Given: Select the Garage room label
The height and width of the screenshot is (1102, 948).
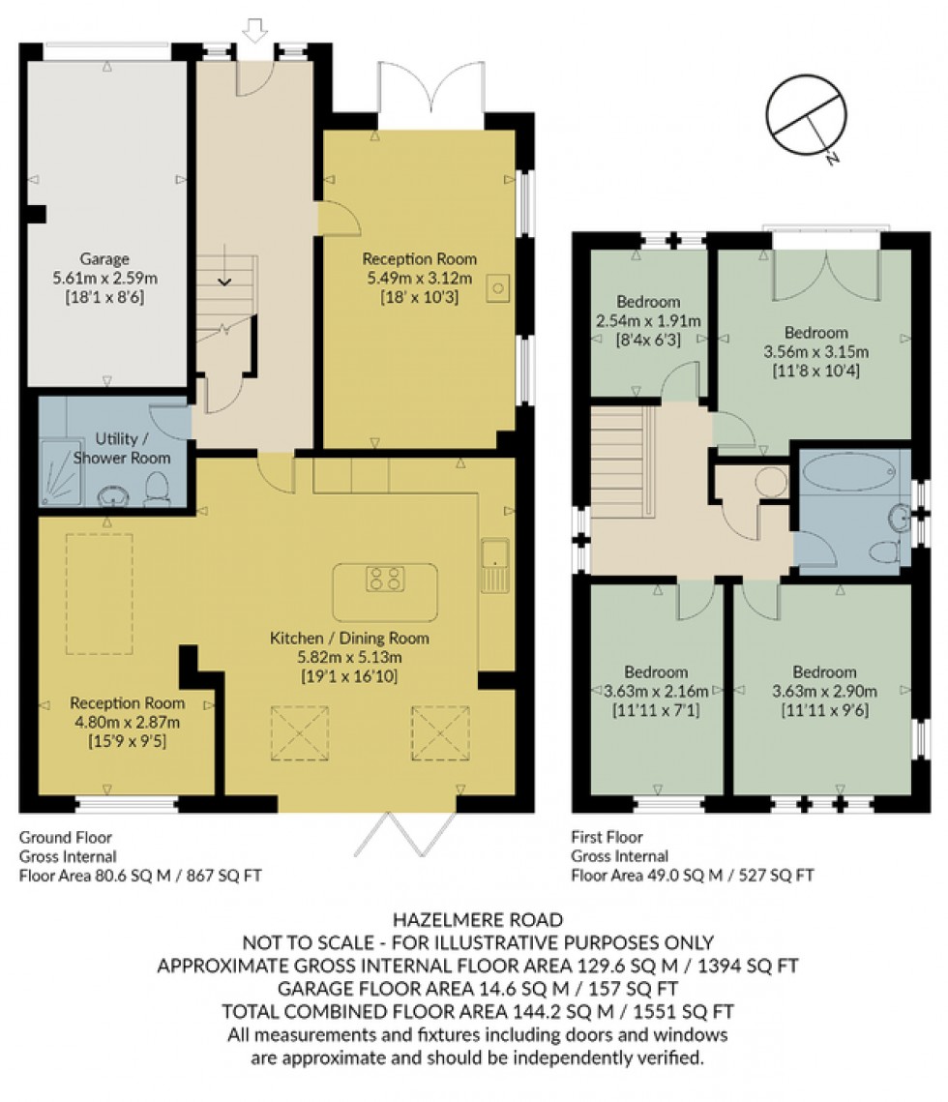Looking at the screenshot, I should click(104, 259).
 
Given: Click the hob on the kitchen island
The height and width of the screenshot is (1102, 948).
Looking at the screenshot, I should click(385, 580).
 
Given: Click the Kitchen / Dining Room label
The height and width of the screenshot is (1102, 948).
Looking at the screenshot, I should click(348, 638).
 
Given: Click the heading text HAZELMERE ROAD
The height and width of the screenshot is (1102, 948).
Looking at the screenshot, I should click(474, 920).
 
